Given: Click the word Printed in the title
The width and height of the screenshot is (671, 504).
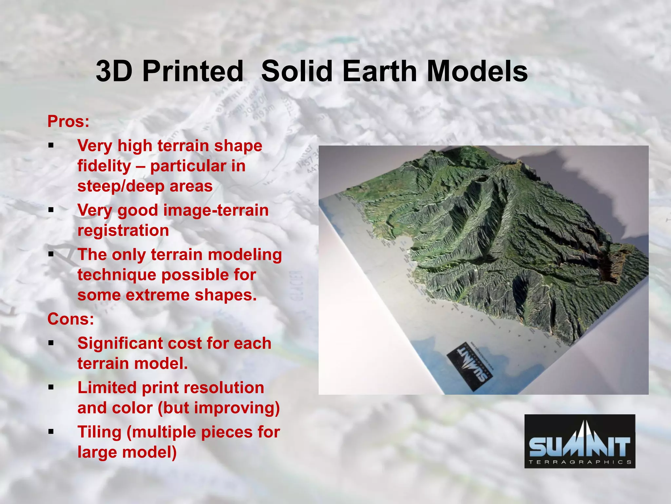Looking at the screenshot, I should coord(193,71).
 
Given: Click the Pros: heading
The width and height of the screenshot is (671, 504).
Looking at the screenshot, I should coord(68,121).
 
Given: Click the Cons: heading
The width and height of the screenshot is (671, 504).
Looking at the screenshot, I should coord(70,319).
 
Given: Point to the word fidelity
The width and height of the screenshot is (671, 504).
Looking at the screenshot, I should coord(104,166).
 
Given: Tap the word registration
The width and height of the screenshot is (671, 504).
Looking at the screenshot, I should coord(123,230).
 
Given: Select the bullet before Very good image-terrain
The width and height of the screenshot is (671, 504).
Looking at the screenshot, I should coord(51,210).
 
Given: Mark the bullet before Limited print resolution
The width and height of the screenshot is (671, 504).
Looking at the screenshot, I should coord(51,388).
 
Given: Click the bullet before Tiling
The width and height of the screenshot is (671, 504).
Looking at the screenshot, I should coord(51,432).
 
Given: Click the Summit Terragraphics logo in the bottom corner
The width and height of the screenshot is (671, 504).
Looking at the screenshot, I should coord(580,441).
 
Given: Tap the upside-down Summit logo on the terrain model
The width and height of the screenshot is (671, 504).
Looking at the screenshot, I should coord(470,367).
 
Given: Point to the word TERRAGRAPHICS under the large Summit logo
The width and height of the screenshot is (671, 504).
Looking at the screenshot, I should coord(580,462).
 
